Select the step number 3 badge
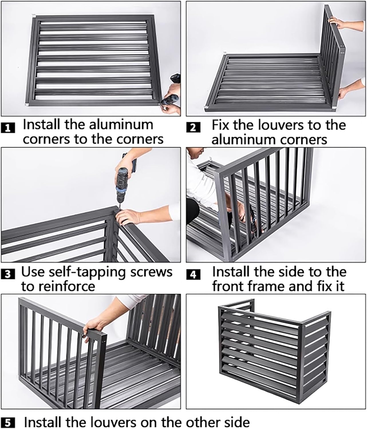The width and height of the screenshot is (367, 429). click(8, 274)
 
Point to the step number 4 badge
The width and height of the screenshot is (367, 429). click(193, 274)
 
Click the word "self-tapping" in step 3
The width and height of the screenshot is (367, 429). click(87, 273)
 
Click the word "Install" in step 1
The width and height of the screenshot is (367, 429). click(41, 124)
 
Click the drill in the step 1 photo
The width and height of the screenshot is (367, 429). click(171, 91)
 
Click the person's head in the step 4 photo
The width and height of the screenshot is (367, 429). click(196, 154)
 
